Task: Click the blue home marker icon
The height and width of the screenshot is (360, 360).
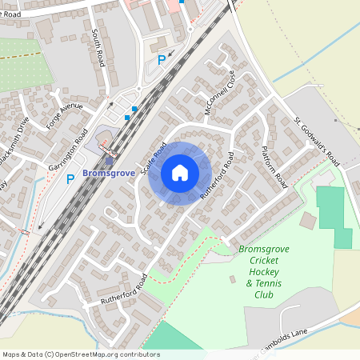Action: (x=180, y=173)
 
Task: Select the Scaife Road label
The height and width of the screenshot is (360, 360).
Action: (x=153, y=159)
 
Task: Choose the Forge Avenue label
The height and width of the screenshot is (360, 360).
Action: (x=66, y=111)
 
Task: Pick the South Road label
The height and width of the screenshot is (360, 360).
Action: (x=98, y=48)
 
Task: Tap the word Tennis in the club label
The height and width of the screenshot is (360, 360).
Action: (x=263, y=283)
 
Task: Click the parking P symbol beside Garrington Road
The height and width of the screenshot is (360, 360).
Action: (x=70, y=179)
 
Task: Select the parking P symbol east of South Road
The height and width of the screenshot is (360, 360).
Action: (x=162, y=59)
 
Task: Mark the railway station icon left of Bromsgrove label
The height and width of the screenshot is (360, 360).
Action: (x=109, y=160)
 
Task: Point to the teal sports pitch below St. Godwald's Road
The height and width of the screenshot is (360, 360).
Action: (x=334, y=216)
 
